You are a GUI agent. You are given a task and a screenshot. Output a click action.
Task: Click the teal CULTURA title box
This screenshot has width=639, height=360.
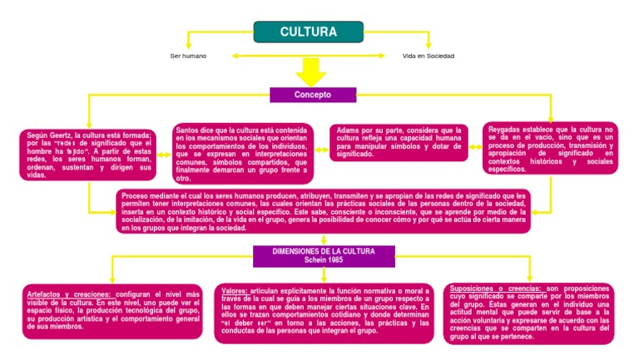308,32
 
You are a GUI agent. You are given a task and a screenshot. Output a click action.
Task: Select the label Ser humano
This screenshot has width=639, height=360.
187,56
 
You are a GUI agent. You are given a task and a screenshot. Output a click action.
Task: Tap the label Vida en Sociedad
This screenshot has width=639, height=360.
428,56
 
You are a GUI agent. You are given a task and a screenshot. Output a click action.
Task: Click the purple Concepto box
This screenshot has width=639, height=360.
312,95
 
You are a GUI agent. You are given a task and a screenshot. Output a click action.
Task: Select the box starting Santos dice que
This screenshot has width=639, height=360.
243,153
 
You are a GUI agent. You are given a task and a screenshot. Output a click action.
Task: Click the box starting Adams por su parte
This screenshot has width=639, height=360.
399,142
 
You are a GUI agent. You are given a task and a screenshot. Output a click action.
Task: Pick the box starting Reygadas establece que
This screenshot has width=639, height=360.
551,149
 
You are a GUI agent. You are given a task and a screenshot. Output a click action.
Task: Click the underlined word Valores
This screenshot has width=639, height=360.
235,290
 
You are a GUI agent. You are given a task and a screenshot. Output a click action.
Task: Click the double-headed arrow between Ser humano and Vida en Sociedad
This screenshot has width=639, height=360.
310,56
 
